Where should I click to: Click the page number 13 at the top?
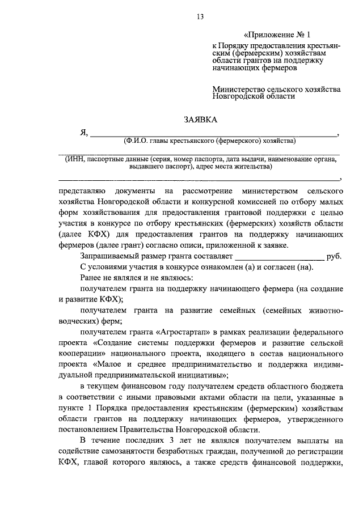(x=200, y=16)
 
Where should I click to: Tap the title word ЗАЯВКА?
(x=200, y=120)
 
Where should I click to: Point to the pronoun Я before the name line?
(x=83, y=133)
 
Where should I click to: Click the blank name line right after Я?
(x=213, y=135)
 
